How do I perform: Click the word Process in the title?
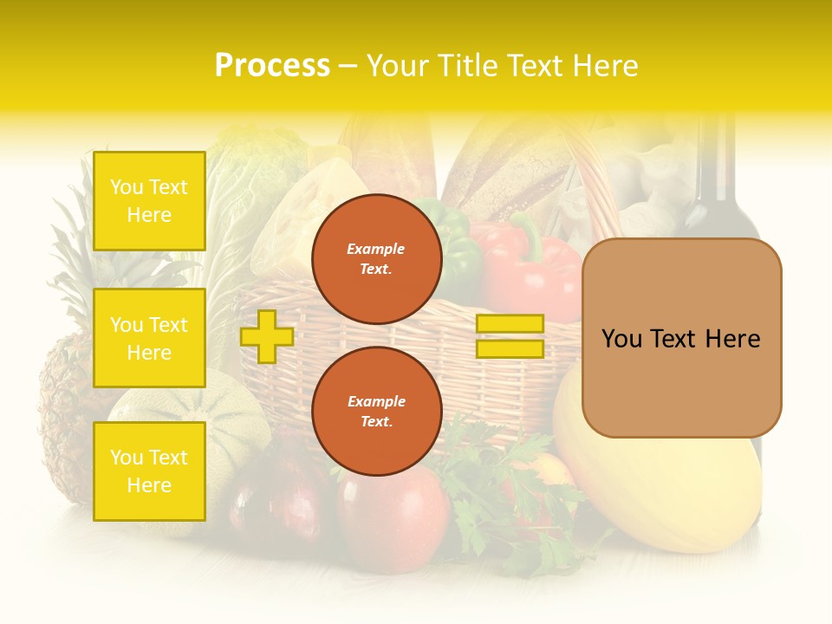click(x=272, y=66)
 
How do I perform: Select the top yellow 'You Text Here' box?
click(x=149, y=201)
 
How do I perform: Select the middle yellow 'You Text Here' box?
click(x=149, y=338)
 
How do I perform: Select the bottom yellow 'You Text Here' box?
click(x=149, y=471)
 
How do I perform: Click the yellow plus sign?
click(x=266, y=336)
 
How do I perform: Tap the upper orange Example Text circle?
click(x=377, y=259)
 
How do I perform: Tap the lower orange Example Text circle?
click(x=377, y=412)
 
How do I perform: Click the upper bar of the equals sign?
click(x=510, y=324)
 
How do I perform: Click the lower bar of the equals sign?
click(x=510, y=349)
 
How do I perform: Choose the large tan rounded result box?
click(x=681, y=338)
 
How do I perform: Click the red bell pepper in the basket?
click(x=529, y=269)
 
